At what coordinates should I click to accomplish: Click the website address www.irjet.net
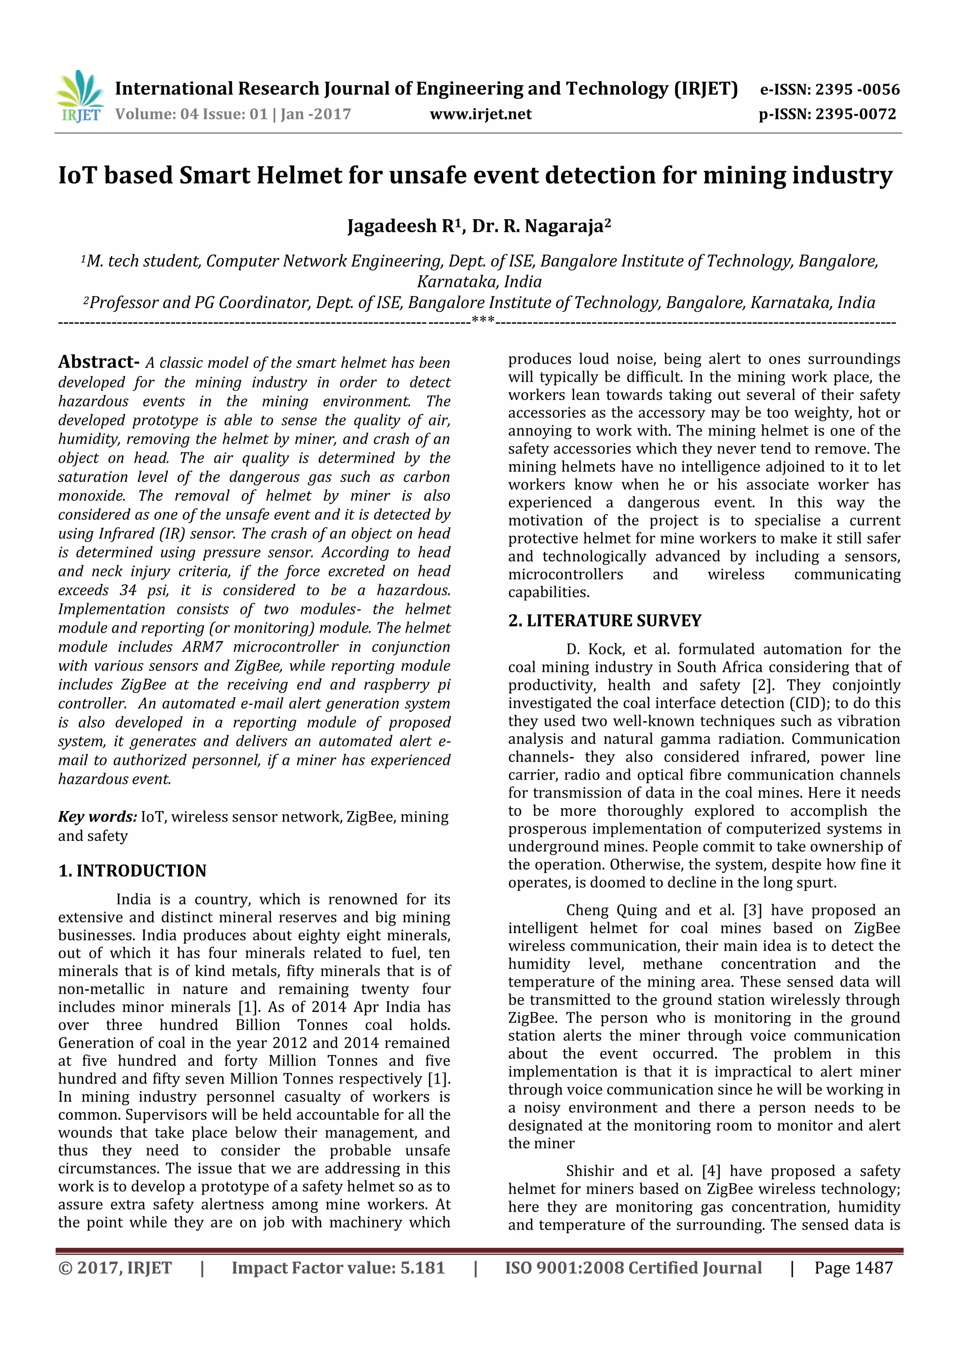(481, 114)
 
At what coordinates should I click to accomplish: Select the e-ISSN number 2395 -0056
(857, 90)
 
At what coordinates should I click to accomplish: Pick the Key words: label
(97, 817)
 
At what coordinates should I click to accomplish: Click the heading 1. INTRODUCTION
(132, 871)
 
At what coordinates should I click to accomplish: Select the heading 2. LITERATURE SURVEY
(605, 621)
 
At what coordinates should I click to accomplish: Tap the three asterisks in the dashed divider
(483, 322)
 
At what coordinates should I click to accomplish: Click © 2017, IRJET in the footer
(115, 1268)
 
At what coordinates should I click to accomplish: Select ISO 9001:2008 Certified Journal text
(633, 1268)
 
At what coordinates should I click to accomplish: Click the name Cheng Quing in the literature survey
(610, 910)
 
